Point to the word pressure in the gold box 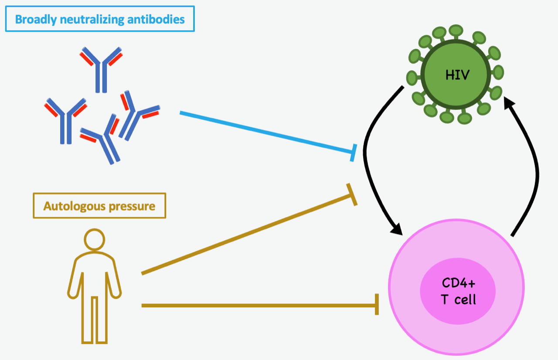coord(132,206)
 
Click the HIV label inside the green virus coord(457,75)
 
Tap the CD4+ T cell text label coord(458,291)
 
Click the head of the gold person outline coord(95,240)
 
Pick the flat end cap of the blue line coord(354,153)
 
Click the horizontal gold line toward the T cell coord(257,306)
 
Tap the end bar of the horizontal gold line coord(377,305)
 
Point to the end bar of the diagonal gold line coord(352,194)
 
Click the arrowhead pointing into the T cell coord(398,228)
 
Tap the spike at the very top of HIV coord(456,31)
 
